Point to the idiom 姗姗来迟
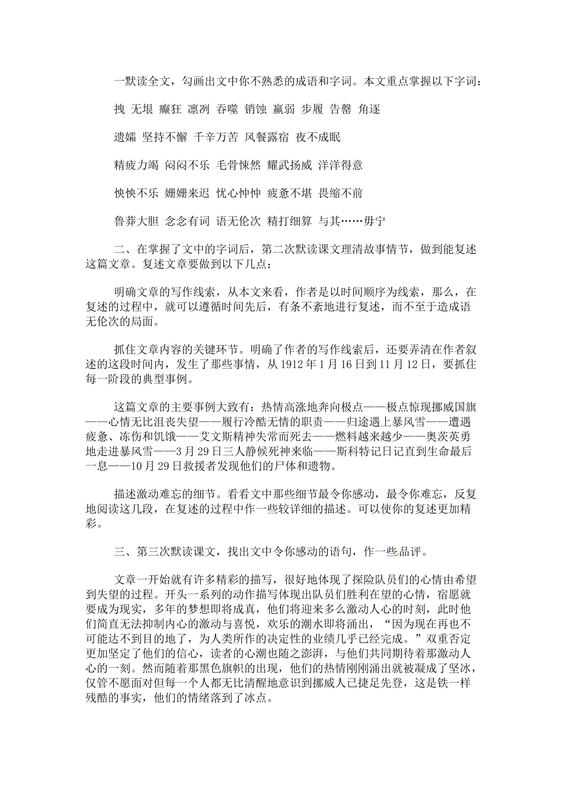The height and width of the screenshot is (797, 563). click(187, 193)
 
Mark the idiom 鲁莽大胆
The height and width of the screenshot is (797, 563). click(136, 222)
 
